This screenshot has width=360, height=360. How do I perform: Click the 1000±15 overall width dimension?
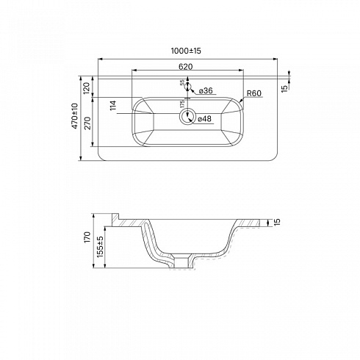186,51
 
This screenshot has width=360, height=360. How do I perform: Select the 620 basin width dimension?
185,66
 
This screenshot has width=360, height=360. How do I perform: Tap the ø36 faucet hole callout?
206,90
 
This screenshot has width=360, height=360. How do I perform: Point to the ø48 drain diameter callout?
204,119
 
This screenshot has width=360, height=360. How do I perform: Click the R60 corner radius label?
254,93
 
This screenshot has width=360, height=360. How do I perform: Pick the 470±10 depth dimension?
75,116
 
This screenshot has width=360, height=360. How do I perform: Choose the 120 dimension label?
87,88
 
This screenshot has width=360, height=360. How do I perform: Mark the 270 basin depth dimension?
87,123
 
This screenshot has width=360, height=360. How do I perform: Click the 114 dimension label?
113,105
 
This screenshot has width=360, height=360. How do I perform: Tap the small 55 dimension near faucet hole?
182,82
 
